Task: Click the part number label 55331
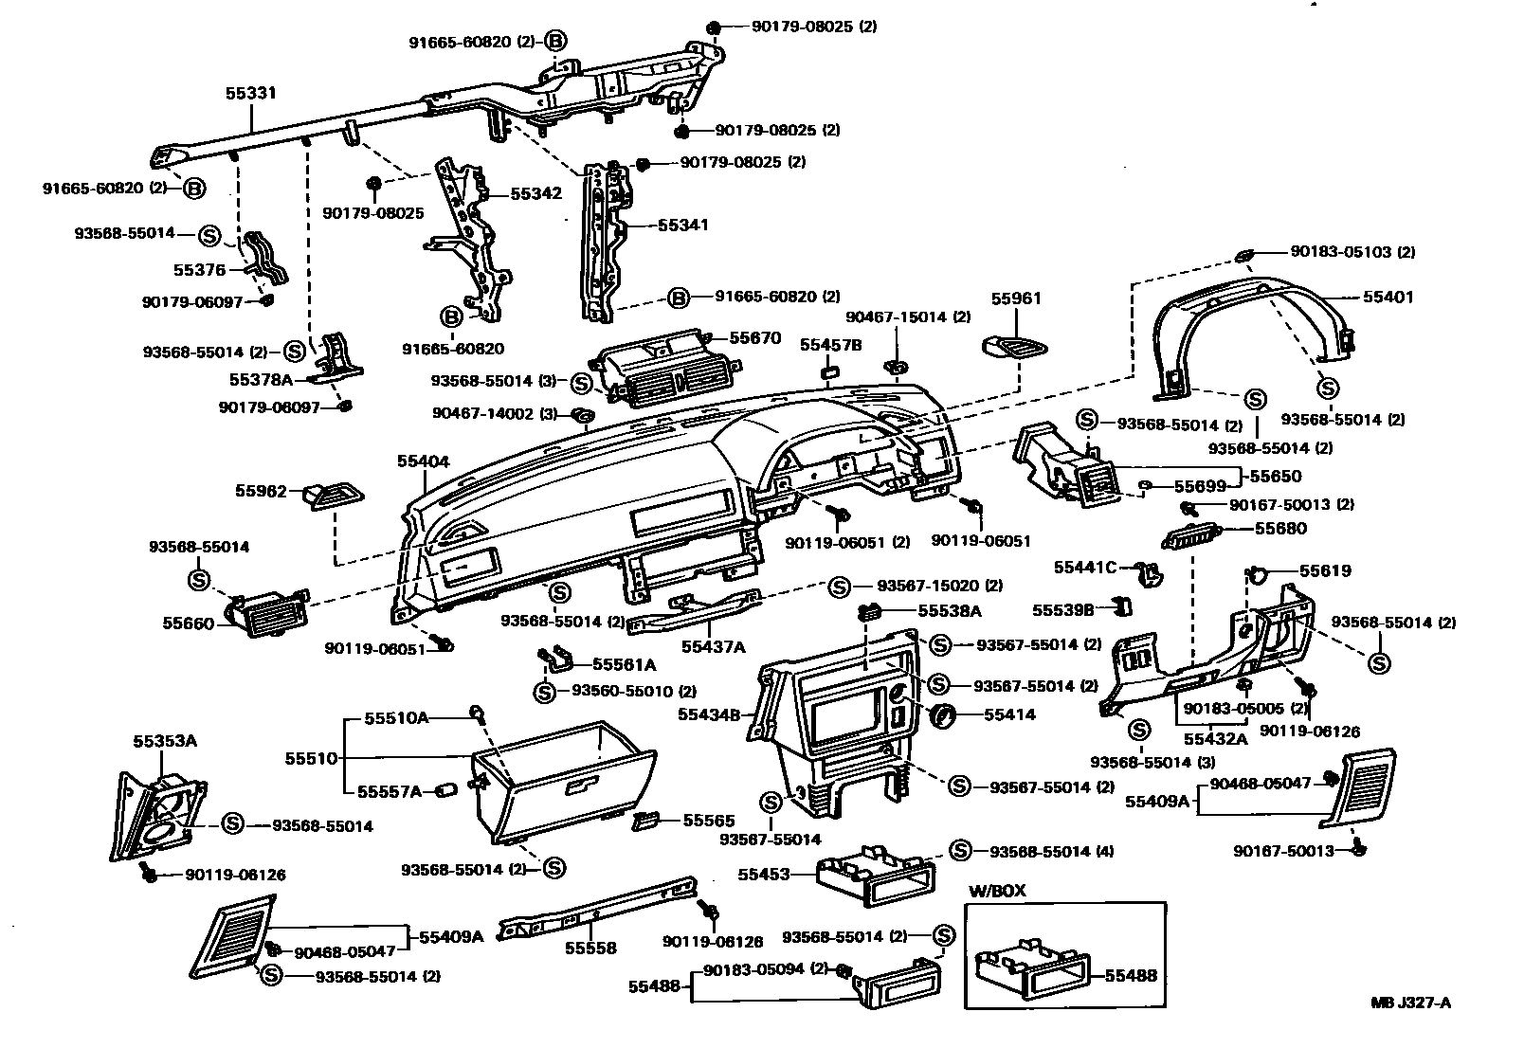coord(251,93)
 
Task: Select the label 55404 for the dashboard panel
coord(423,461)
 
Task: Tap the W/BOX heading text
coord(996,892)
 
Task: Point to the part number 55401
coord(1388,297)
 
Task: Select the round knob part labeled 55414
coord(945,715)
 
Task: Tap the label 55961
coord(1016,298)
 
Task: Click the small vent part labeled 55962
coord(334,494)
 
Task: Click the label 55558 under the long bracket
coord(590,948)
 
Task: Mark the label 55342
coord(536,193)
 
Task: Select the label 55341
coord(683,226)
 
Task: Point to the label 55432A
coord(1217,739)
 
